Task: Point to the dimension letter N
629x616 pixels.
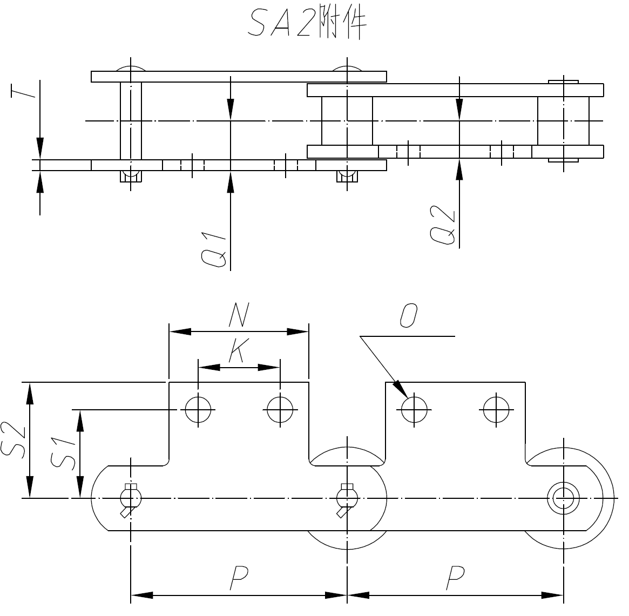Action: (238, 315)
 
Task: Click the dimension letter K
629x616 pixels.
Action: (237, 350)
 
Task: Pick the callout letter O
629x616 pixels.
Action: (408, 315)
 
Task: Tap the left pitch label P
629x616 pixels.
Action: (238, 578)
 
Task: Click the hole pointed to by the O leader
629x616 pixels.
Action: (414, 410)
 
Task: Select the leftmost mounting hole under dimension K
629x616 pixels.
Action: (198, 410)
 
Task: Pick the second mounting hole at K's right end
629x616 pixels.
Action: (280, 410)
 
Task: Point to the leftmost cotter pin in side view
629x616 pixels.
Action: (130, 498)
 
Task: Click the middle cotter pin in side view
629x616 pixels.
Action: (346, 498)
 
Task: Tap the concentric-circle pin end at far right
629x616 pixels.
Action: (563, 497)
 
